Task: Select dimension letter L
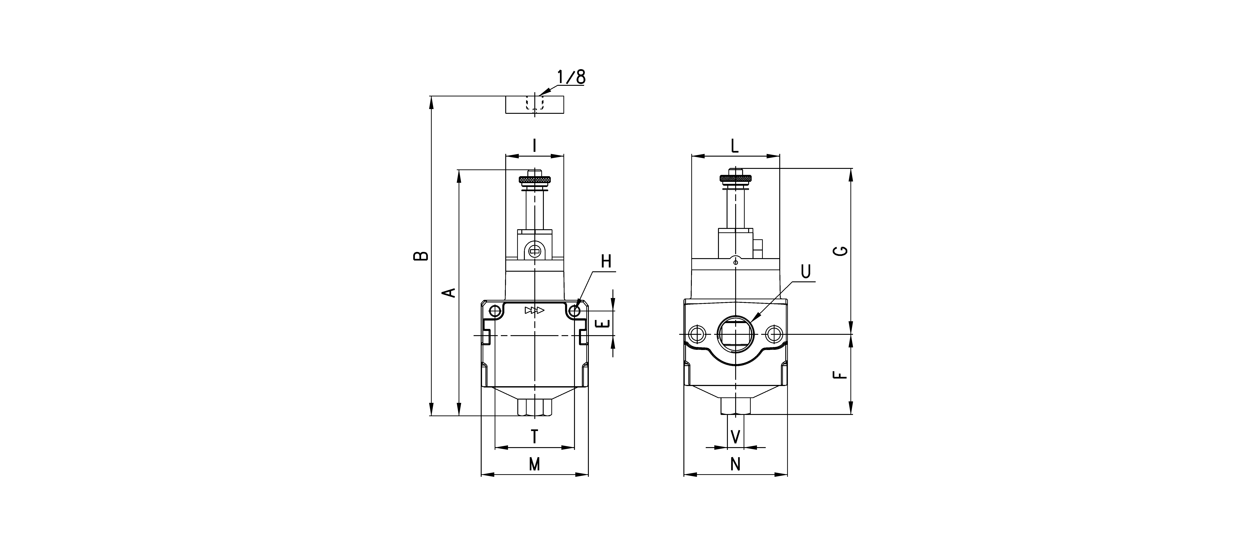(735, 145)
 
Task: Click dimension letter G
(841, 250)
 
